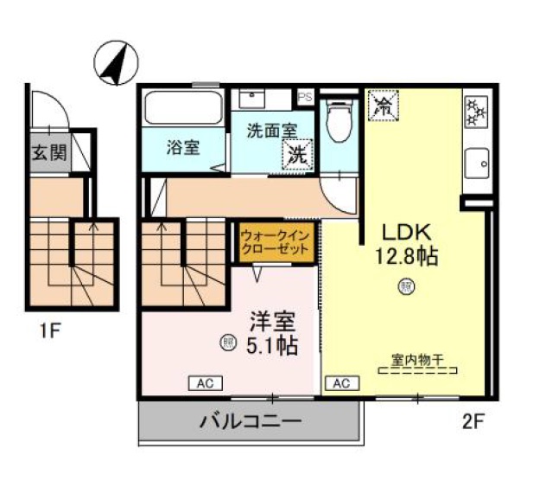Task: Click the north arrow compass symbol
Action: [112, 65]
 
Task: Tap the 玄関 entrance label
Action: [49, 153]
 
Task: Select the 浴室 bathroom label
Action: [183, 147]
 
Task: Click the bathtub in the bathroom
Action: [184, 108]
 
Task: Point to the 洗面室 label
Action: [271, 131]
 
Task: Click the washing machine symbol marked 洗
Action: [298, 157]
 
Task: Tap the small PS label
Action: [306, 98]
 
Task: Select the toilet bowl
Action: [340, 120]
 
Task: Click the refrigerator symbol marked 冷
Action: [383, 107]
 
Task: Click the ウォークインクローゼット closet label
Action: [274, 241]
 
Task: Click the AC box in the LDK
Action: [340, 382]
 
